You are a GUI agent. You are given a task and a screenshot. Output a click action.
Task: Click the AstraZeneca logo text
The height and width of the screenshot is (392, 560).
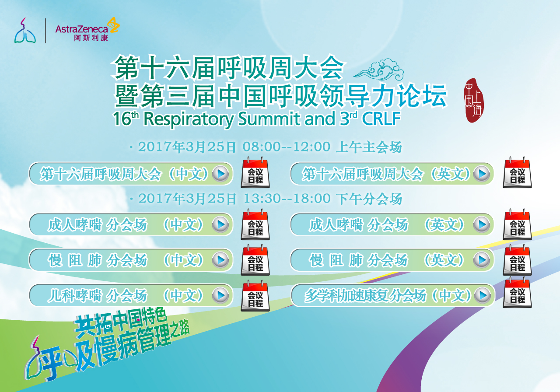[81, 29]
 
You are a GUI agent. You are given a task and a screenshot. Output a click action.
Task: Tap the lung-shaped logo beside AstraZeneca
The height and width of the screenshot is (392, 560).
[25, 30]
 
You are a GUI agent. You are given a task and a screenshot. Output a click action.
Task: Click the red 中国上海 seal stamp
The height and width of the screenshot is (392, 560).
[473, 100]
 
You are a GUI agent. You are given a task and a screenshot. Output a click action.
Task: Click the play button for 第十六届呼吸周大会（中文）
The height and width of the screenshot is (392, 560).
[220, 174]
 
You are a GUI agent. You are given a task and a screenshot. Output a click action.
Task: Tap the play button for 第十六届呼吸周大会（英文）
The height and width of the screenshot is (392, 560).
[482, 174]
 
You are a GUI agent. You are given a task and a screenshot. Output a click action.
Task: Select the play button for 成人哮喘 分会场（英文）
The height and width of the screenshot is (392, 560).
[482, 224]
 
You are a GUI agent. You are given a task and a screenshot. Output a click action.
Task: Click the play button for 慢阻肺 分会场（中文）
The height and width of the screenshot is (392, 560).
[220, 260]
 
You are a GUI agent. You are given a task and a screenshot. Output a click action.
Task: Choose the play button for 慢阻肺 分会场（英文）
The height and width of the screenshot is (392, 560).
[482, 260]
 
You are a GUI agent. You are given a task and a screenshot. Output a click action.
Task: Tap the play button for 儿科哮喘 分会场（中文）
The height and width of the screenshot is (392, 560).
[220, 295]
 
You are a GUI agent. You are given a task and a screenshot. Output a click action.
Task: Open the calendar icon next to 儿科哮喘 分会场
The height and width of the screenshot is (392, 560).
[255, 295]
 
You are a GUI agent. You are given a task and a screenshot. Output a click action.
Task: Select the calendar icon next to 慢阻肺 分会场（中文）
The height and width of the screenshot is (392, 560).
[255, 260]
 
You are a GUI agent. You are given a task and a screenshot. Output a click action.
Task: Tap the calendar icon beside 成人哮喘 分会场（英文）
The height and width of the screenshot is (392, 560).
[517, 224]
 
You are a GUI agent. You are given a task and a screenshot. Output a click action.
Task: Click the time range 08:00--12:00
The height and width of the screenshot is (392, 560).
[287, 147]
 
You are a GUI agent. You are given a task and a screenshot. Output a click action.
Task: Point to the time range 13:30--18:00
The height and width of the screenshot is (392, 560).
[287, 199]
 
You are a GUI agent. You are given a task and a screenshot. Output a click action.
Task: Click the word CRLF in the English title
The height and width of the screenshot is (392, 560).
[381, 118]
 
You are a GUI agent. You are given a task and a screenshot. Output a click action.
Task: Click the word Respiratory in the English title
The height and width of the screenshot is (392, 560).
[189, 119]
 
